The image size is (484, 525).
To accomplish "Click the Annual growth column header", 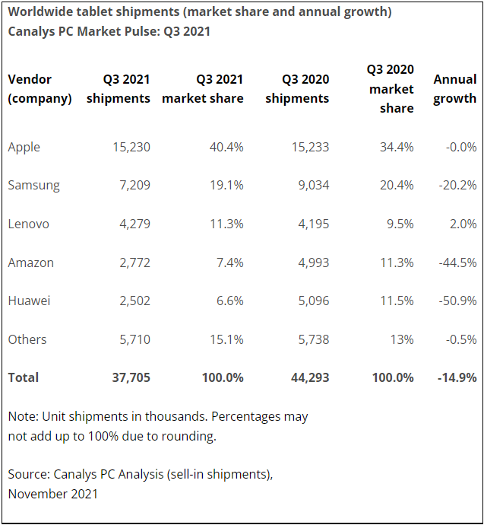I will tap(454, 88).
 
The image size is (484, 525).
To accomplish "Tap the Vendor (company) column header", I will tap(40, 88).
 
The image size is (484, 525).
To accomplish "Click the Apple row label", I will tap(24, 147).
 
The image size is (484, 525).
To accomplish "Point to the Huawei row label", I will tap(29, 301).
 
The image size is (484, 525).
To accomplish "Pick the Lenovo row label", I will tap(28, 224).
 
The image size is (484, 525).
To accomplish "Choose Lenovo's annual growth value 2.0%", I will tap(463, 224).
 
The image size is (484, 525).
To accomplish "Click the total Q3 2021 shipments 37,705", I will tap(130, 377).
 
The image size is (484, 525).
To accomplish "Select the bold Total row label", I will tap(23, 377).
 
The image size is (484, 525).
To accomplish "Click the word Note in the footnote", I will tap(22, 416).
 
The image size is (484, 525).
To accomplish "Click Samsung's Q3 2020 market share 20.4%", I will tap(397, 185).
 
